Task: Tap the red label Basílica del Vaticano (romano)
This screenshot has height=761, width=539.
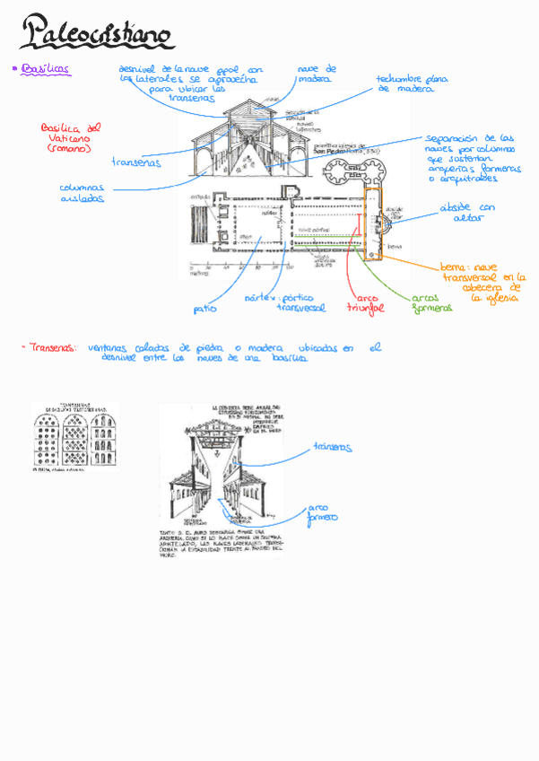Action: tap(72, 136)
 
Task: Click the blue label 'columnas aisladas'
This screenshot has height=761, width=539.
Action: tap(82, 193)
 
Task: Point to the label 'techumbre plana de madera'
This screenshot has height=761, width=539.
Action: tap(412, 84)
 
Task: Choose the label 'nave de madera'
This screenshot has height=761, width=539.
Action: tap(316, 74)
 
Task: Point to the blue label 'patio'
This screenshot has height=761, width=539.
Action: tap(204, 309)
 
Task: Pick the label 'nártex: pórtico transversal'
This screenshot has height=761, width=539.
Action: tap(282, 302)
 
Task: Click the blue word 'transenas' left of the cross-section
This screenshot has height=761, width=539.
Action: tap(136, 162)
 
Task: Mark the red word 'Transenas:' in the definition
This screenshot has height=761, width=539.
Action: tap(51, 347)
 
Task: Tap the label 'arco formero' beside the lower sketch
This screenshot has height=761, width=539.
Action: tap(323, 512)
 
